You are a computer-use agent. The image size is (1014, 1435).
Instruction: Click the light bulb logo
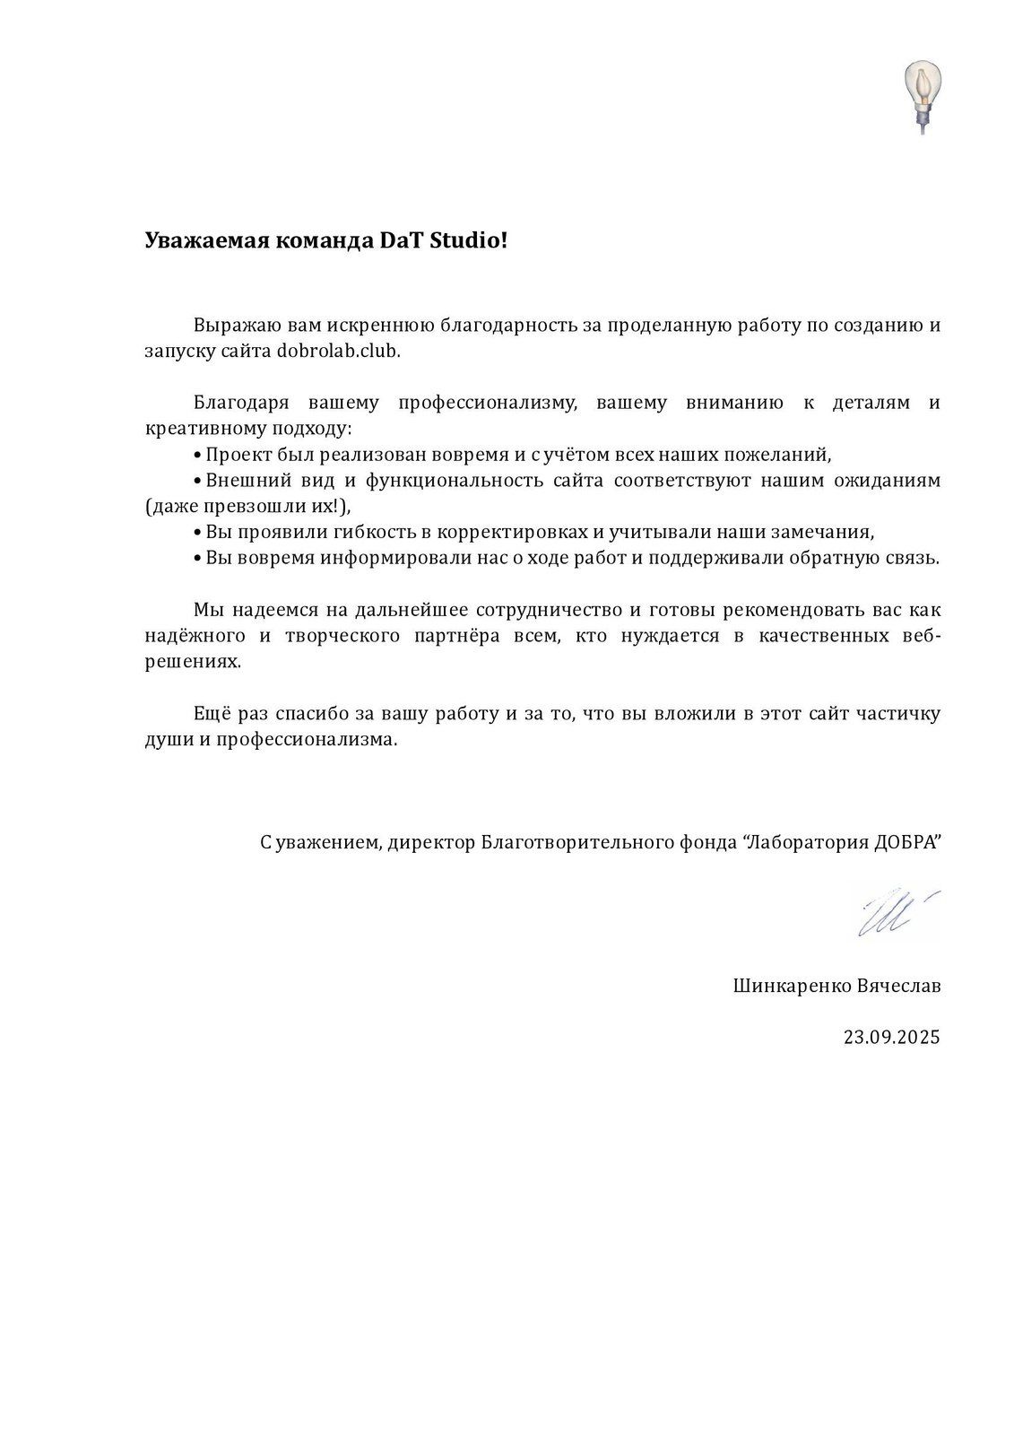click(x=918, y=95)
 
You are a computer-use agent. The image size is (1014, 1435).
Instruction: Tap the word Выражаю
click(x=230, y=325)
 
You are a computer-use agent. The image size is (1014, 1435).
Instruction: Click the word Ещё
click(x=213, y=714)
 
